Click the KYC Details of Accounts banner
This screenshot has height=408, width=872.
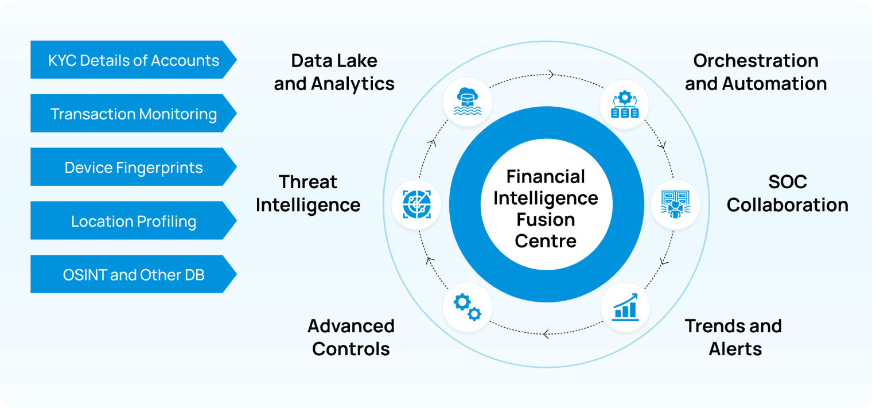click(x=133, y=60)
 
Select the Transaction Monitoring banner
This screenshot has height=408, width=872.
click(x=133, y=114)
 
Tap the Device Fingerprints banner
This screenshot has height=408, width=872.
click(x=133, y=167)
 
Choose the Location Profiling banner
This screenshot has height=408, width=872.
click(x=133, y=221)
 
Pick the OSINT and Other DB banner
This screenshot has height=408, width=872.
click(x=133, y=275)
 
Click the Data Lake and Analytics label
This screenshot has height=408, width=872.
click(x=334, y=72)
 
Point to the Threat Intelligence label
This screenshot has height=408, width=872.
click(x=308, y=193)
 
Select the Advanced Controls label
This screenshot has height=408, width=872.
click(x=351, y=337)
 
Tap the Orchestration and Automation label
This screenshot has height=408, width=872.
click(x=756, y=72)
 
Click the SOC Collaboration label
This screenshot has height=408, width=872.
click(x=787, y=193)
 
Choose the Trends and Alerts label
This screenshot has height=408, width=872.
click(x=734, y=337)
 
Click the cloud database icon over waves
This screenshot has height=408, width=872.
click(x=468, y=102)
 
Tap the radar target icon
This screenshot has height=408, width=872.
click(x=416, y=204)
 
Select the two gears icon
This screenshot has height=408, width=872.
click(x=468, y=307)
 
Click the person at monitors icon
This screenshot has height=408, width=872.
click(x=675, y=204)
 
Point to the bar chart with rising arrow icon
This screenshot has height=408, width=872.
click(x=625, y=307)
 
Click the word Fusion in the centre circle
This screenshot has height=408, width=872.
click(x=546, y=220)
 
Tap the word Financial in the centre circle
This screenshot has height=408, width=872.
click(x=546, y=176)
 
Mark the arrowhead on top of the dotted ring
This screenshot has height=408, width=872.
click(x=551, y=74)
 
